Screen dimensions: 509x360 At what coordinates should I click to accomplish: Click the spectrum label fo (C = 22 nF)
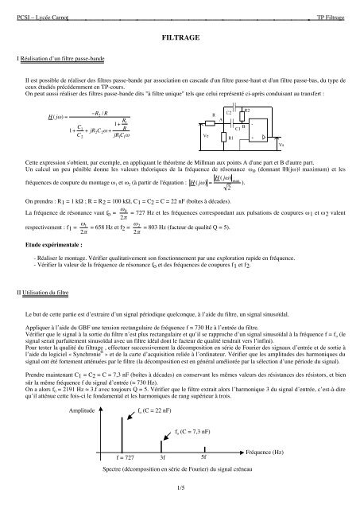point(161,410)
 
